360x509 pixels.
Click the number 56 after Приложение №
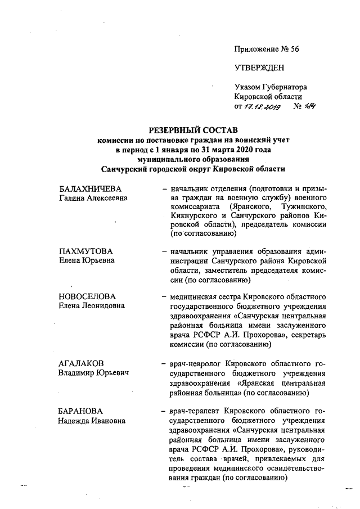293,49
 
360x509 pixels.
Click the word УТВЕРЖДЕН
259,68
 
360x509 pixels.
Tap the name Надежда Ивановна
92,421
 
